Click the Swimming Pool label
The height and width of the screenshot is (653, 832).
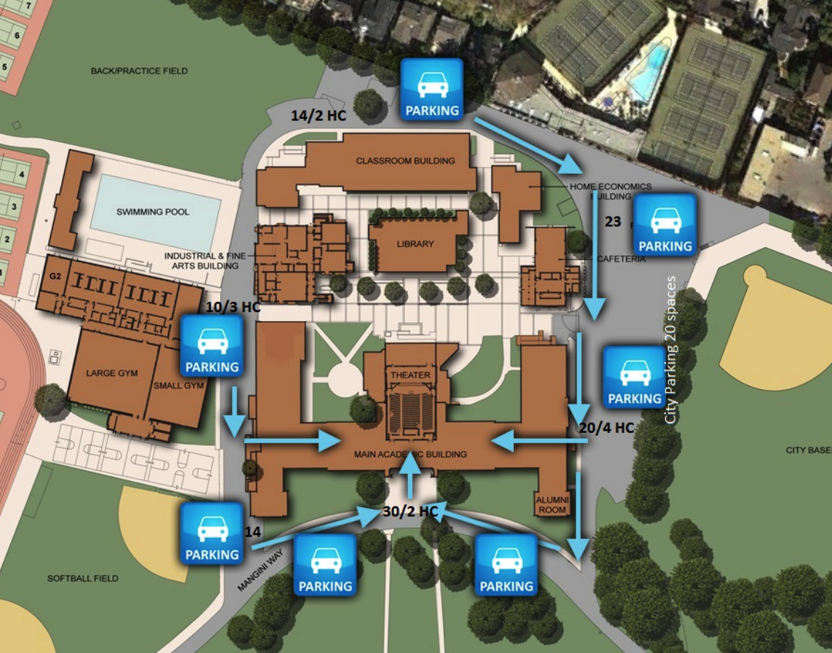click(x=152, y=212)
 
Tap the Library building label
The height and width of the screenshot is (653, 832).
click(x=416, y=244)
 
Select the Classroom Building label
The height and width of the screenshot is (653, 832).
click(x=405, y=161)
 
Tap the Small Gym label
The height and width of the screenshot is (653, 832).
click(x=179, y=385)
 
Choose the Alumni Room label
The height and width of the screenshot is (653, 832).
click(x=552, y=505)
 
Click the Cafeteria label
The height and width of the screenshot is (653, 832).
click(x=621, y=259)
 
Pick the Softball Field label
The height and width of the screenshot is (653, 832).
click(x=82, y=579)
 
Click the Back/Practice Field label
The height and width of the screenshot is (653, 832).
click(x=139, y=71)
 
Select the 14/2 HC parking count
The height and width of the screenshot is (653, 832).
click(x=318, y=116)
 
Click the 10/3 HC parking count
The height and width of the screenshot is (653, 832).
click(x=233, y=307)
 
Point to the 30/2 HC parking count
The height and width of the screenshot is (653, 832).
click(x=409, y=512)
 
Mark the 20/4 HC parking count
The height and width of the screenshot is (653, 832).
click(x=606, y=429)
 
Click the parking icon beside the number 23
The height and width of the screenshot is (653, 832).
click(x=664, y=223)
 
